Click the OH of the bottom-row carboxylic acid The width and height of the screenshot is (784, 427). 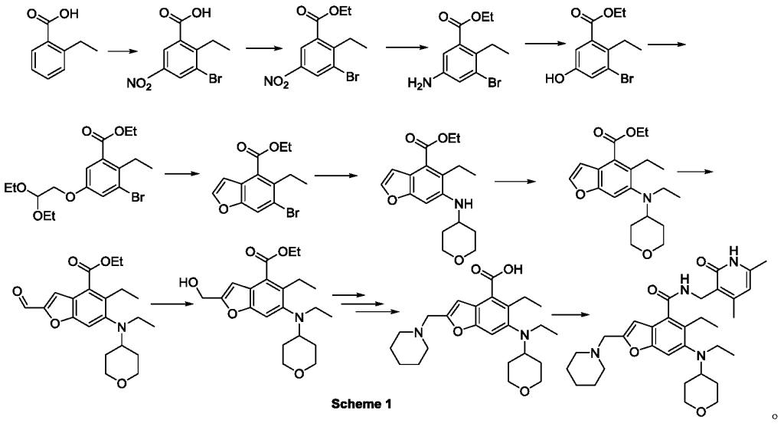513,270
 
